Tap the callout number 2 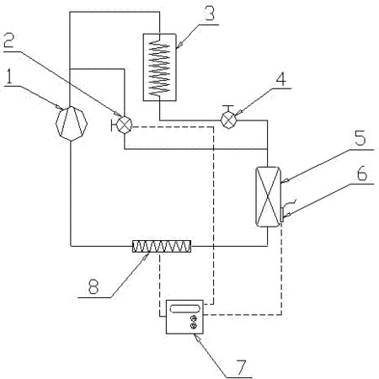[8, 41]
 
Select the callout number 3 [210, 13]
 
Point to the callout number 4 [280, 78]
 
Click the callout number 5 [360, 138]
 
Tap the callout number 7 [242, 367]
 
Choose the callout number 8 [93, 286]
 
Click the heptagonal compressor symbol [72, 124]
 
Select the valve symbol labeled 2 [124, 125]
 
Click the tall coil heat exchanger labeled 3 [159, 67]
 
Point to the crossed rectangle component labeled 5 [268, 196]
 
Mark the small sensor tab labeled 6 [281, 215]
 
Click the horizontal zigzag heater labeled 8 [162, 246]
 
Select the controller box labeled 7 [184, 317]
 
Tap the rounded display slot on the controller [185, 309]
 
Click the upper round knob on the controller [194, 318]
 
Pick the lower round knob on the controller [194, 326]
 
